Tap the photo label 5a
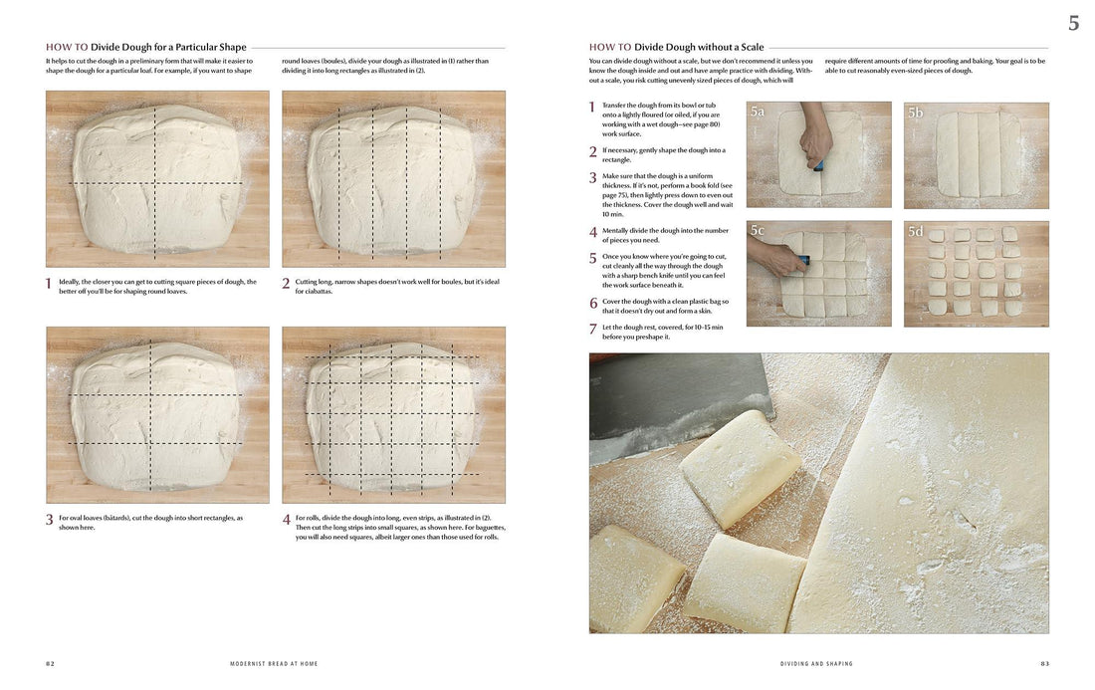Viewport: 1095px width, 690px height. point(759,113)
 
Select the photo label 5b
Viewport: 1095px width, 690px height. point(916,113)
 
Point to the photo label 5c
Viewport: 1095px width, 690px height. point(759,231)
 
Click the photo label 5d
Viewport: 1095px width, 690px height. point(916,231)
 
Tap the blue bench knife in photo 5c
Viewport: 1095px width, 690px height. point(799,264)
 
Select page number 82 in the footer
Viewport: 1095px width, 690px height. point(51,663)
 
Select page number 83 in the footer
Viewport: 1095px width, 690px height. point(1044,663)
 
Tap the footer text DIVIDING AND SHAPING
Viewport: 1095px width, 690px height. point(816,663)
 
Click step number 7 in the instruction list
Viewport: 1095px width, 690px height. point(593,329)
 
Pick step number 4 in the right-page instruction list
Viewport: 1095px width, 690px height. point(593,232)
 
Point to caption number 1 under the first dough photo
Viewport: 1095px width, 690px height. point(49,284)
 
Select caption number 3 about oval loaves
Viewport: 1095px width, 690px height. point(49,520)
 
